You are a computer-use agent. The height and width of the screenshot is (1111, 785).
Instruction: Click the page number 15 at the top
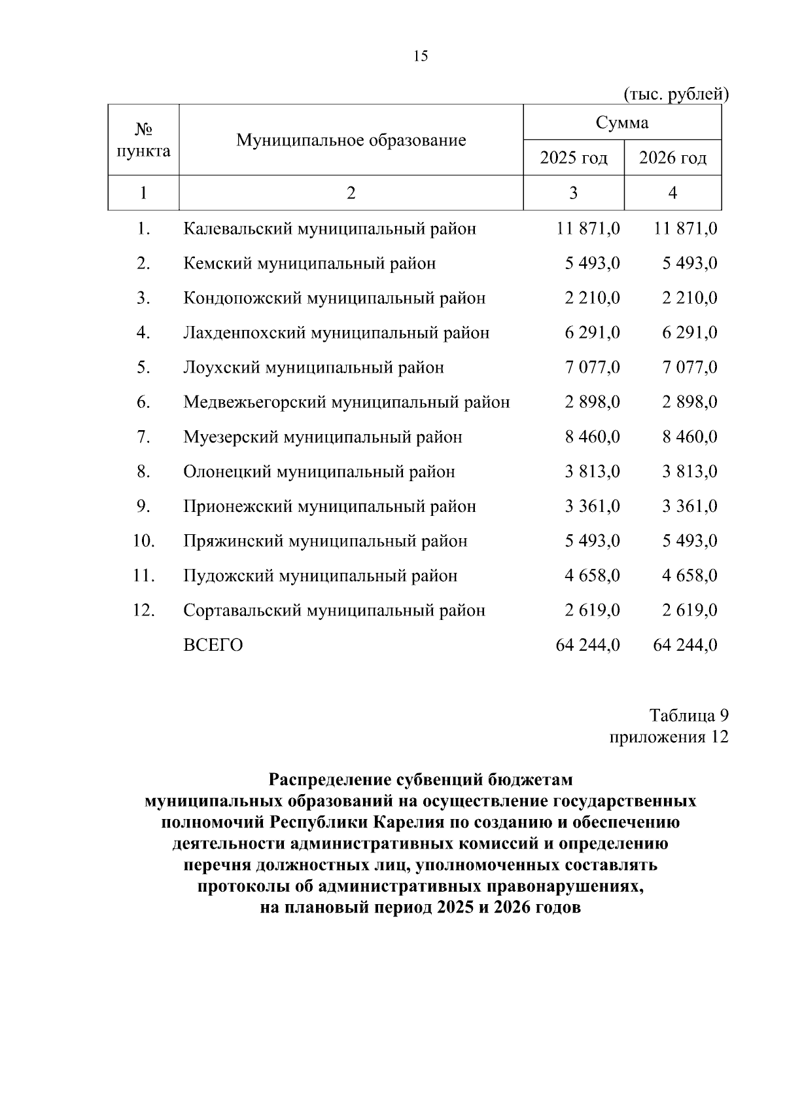click(x=421, y=56)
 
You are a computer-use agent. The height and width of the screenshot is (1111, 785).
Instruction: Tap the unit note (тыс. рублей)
click(x=676, y=94)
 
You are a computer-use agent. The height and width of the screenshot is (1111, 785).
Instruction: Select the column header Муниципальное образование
click(x=351, y=140)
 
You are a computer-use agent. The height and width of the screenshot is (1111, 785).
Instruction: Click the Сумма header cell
click(x=622, y=122)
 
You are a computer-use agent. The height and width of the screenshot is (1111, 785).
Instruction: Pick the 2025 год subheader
click(x=574, y=158)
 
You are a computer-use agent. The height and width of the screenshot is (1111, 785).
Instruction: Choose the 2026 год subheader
click(x=673, y=158)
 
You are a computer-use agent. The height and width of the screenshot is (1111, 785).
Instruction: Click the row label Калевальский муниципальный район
click(x=330, y=228)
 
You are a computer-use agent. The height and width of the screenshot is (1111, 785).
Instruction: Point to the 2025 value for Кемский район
click(x=593, y=263)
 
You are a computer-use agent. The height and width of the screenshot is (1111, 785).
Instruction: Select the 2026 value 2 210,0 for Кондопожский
click(x=689, y=298)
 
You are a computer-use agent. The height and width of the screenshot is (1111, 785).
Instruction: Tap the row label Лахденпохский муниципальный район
click(x=336, y=333)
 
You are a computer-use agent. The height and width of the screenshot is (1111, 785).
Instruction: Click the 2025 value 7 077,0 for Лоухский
click(x=593, y=367)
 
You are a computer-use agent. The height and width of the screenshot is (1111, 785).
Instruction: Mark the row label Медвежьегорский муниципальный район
click(x=347, y=402)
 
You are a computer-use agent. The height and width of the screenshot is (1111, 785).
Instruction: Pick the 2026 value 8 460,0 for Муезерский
click(x=689, y=437)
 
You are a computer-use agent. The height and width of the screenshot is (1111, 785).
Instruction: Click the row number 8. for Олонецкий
click(x=144, y=471)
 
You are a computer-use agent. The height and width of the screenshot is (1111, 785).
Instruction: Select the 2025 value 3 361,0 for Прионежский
click(x=593, y=506)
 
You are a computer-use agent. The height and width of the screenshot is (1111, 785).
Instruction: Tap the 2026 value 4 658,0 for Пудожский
click(x=689, y=575)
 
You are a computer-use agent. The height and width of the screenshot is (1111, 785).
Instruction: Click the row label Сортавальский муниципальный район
click(x=334, y=610)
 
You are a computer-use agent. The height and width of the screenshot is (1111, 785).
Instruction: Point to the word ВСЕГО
click(x=213, y=645)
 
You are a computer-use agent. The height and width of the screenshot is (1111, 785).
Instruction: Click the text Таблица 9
click(x=688, y=715)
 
